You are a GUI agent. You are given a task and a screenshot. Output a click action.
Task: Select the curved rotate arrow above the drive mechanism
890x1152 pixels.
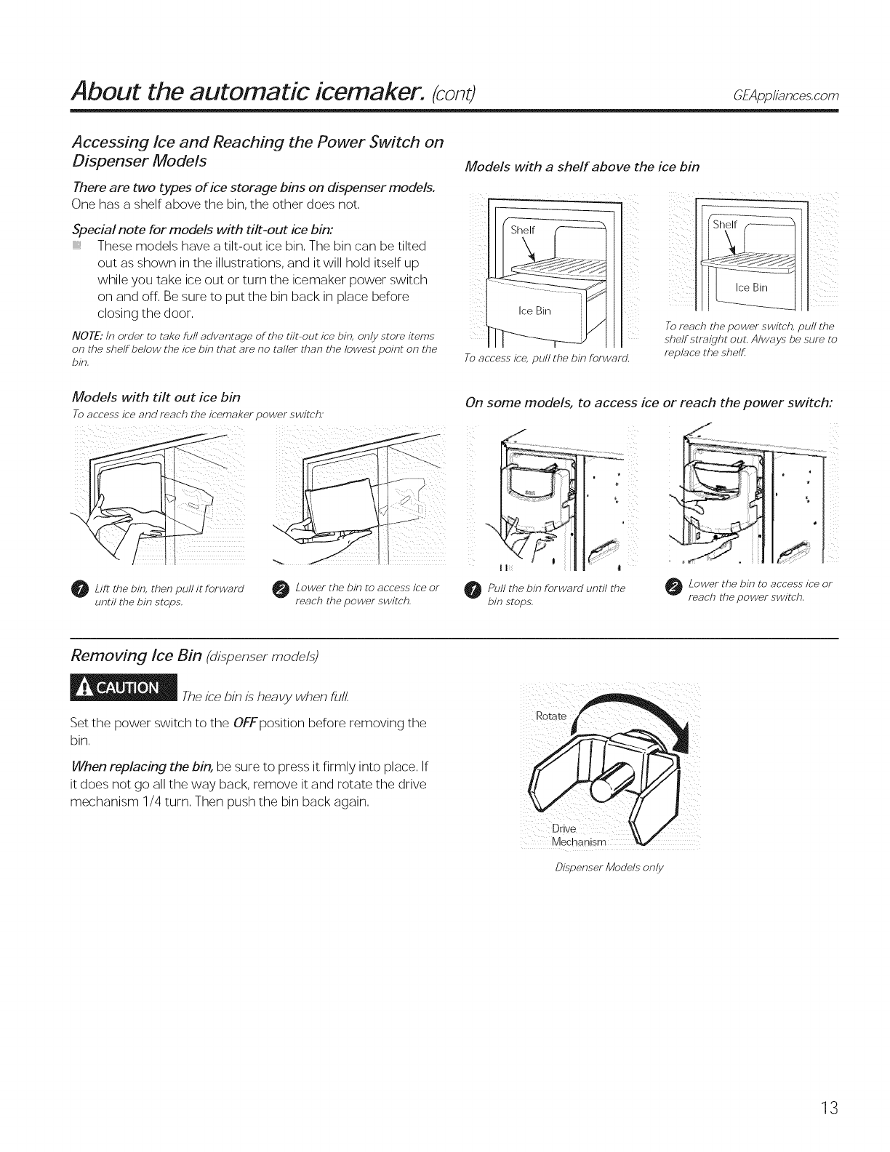click(x=643, y=713)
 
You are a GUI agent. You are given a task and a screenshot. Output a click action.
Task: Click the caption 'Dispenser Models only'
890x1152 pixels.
click(x=610, y=868)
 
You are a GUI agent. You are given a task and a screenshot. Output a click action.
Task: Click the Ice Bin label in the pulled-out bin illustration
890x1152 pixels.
click(x=534, y=312)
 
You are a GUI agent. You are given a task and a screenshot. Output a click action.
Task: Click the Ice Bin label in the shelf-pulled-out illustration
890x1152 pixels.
click(x=751, y=287)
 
